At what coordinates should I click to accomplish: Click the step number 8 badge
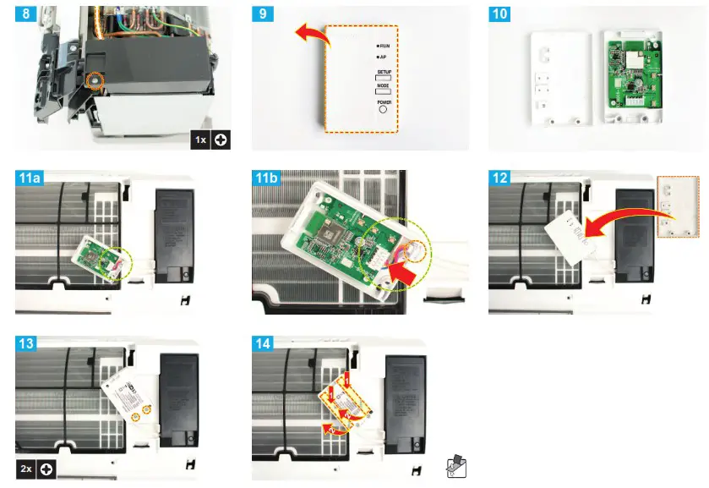(x=25, y=15)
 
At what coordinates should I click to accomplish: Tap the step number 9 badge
(x=262, y=15)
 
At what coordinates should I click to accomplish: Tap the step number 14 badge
(x=265, y=342)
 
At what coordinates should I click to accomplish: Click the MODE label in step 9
(x=383, y=86)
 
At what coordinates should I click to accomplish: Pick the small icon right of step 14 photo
(x=455, y=467)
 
